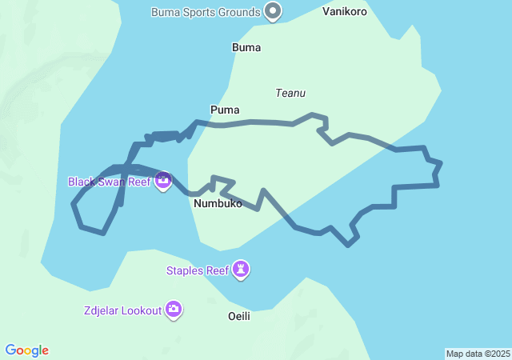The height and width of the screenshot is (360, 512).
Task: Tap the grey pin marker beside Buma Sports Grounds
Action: tap(274, 11)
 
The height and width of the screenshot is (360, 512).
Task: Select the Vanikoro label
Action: tap(345, 12)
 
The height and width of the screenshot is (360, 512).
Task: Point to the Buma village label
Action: tap(246, 47)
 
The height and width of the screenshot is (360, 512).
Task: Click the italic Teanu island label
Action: tap(290, 93)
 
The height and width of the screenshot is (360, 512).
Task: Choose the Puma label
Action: tap(225, 110)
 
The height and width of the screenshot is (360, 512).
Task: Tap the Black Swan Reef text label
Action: tap(110, 182)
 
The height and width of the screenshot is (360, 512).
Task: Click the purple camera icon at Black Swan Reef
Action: tap(163, 182)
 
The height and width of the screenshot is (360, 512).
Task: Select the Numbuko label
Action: tap(218, 203)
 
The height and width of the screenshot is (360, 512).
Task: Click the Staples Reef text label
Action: tap(197, 270)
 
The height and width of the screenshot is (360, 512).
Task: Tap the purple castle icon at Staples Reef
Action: tap(241, 270)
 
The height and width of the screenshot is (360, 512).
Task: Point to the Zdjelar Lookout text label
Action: tap(121, 310)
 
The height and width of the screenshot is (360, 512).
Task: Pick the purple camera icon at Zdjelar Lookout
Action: tap(174, 310)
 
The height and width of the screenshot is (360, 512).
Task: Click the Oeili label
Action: tap(239, 316)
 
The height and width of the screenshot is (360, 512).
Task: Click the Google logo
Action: tap(27, 350)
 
